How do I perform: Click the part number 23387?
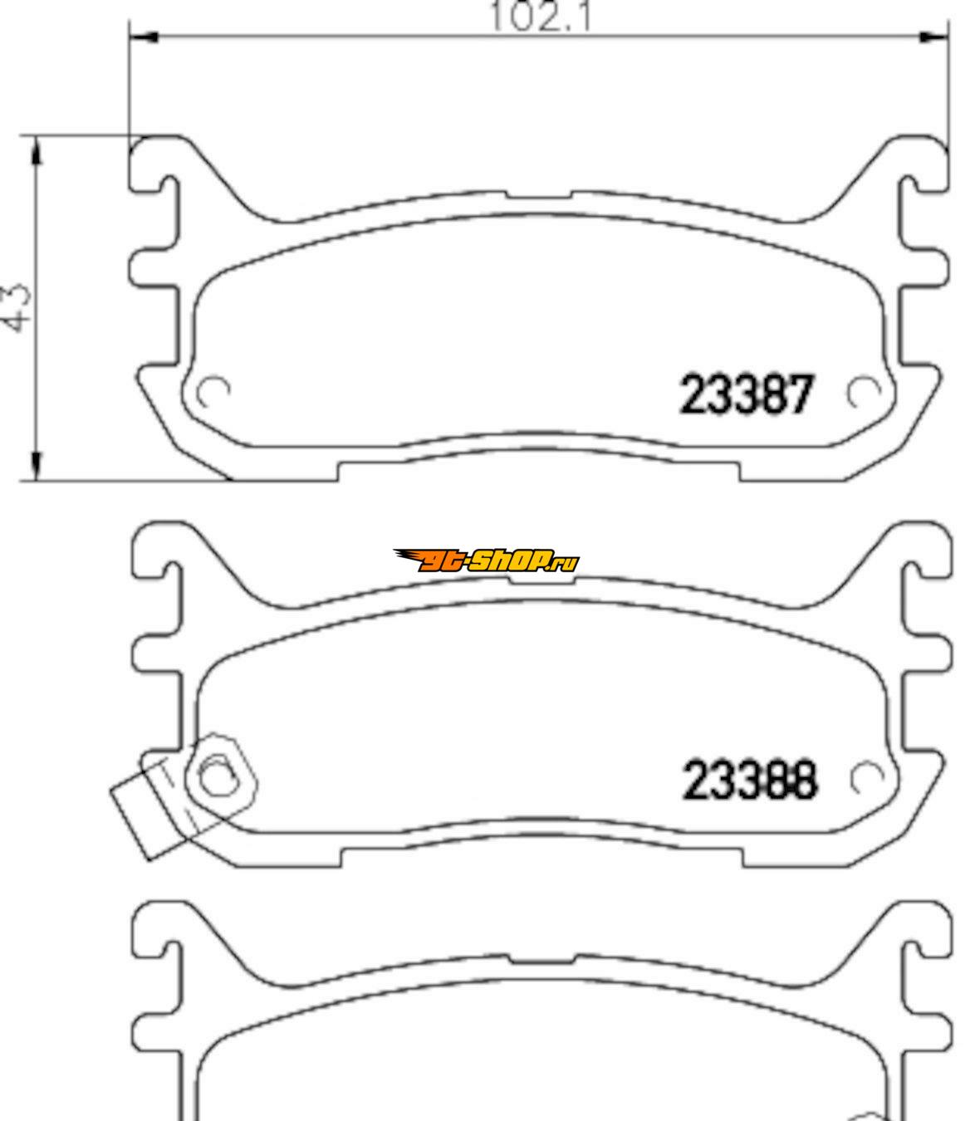747,394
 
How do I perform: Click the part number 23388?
749,781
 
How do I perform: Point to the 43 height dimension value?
15,307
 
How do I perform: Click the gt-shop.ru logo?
485,560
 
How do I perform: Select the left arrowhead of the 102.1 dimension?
144,37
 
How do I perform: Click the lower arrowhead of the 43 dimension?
37,467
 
